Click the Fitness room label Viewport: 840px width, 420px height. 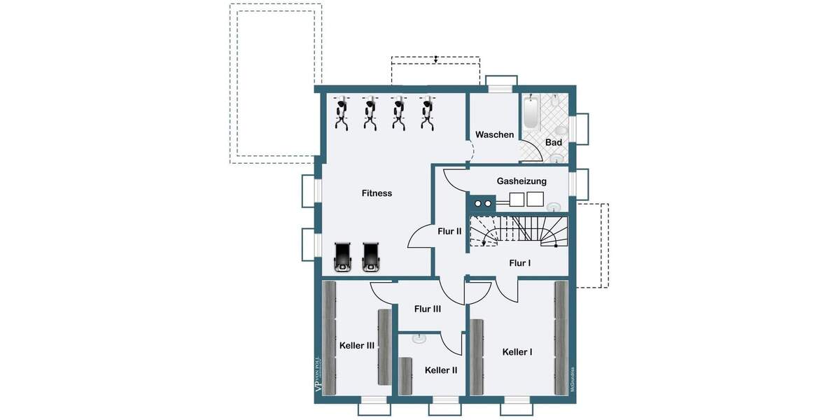pyautogui.click(x=377, y=193)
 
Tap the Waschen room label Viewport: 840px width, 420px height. pyautogui.click(x=494, y=134)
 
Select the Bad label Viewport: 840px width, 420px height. pyautogui.click(x=554, y=143)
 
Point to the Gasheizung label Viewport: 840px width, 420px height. pyautogui.click(x=521, y=181)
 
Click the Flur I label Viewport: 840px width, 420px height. pyautogui.click(x=519, y=262)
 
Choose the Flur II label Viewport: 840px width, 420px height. pyautogui.click(x=449, y=230)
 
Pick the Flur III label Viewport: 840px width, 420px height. pyautogui.click(x=427, y=309)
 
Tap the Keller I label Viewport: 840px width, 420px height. pyautogui.click(x=517, y=352)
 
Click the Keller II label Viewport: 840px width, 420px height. pyautogui.click(x=441, y=370)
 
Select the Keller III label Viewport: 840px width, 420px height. pyautogui.click(x=356, y=346)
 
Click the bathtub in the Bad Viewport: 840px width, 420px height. pyautogui.click(x=531, y=114)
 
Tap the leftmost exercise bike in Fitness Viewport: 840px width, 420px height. pyautogui.click(x=341, y=113)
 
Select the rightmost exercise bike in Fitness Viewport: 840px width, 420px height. pyautogui.click(x=426, y=113)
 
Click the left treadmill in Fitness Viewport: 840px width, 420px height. pyautogui.click(x=343, y=257)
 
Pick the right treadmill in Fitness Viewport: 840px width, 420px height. pyautogui.click(x=371, y=257)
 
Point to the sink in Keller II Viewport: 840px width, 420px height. pyautogui.click(x=419, y=339)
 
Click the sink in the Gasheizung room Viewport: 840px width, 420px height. pyautogui.click(x=554, y=206)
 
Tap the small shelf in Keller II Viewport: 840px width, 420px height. pyautogui.click(x=405, y=375)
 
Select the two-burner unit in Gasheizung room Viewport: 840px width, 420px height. pyautogui.click(x=483, y=204)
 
